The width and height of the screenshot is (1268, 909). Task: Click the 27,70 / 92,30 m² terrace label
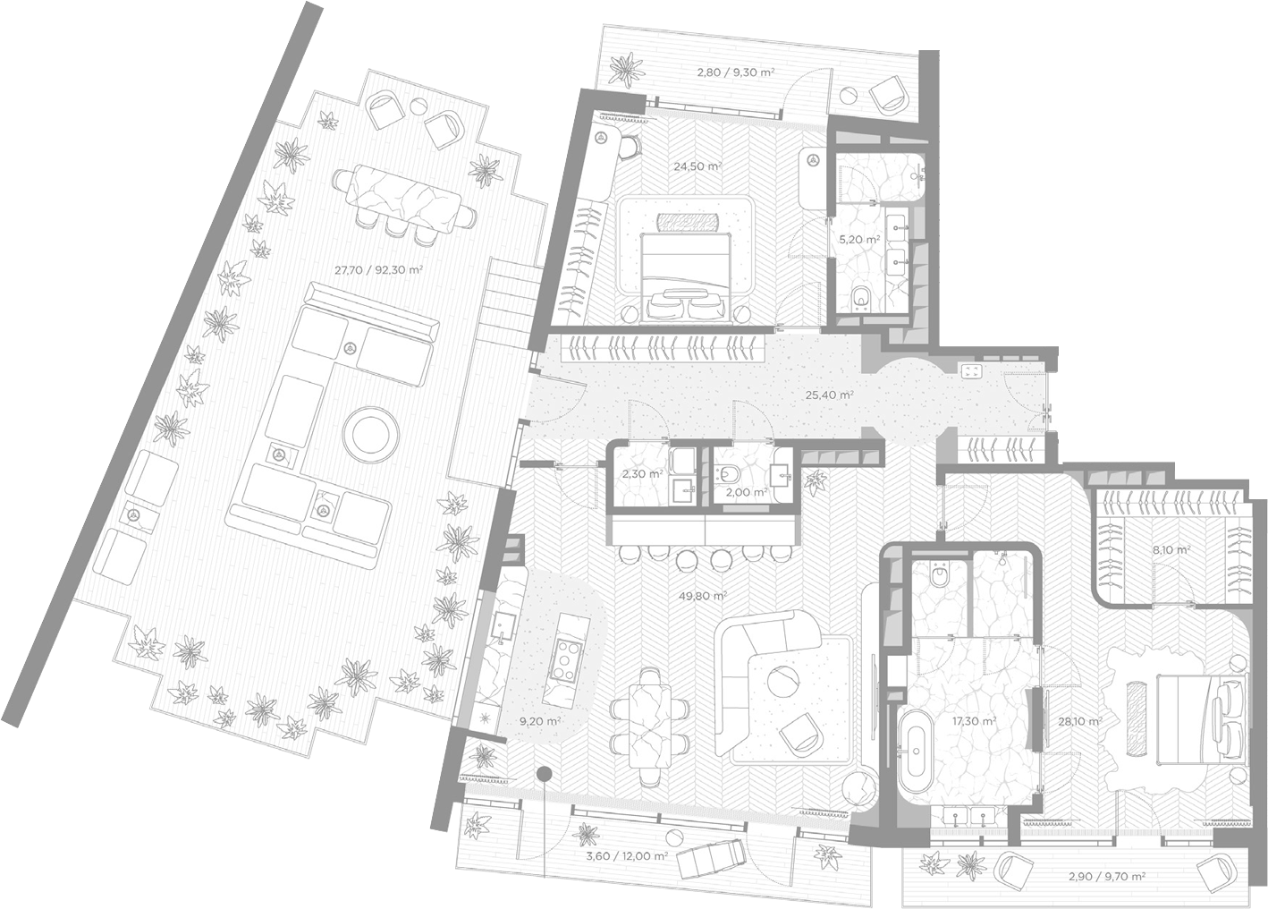[378, 270]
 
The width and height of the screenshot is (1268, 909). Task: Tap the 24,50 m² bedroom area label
[697, 166]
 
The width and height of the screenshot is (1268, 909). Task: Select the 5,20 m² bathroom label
[859, 240]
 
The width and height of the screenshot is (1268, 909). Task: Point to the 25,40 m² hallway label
[829, 395]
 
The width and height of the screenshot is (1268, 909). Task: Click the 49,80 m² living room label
[703, 596]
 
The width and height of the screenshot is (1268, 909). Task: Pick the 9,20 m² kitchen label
[540, 721]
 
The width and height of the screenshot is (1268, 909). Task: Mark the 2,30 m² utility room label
[642, 474]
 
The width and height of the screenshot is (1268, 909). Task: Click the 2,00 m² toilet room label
[746, 493]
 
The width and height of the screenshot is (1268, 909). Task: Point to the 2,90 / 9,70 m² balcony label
[1107, 876]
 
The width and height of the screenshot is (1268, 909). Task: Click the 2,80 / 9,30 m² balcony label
[735, 72]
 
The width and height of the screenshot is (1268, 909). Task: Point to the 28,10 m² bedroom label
[1080, 721]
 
